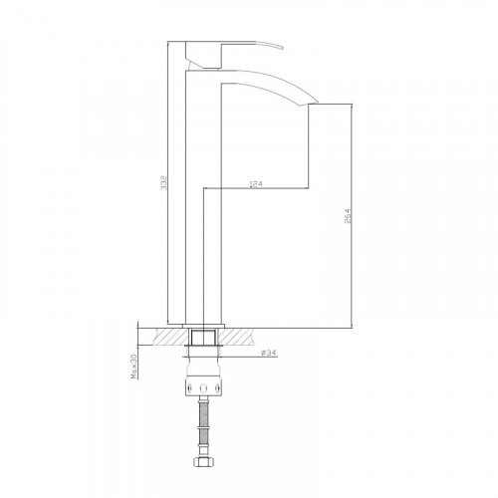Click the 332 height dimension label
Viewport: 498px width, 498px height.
[163, 182]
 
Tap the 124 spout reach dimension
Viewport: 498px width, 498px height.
[256, 184]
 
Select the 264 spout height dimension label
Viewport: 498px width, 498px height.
[348, 216]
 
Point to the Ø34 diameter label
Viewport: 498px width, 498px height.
[268, 354]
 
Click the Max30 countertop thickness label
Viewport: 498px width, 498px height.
[133, 367]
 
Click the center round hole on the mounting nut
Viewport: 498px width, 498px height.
[203, 388]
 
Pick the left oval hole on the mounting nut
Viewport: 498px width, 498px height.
[189, 388]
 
